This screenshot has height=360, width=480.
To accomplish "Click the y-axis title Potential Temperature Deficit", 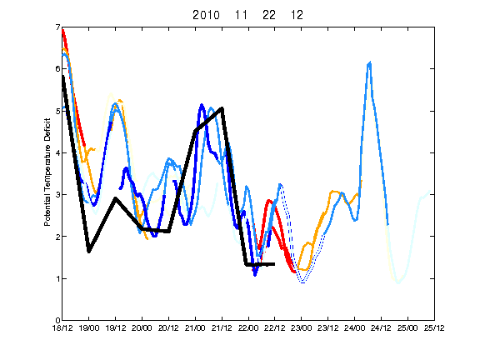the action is point(47,172).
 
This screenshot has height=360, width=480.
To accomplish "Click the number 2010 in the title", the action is point(206,15).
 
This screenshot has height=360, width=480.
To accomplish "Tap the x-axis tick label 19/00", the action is point(89,327).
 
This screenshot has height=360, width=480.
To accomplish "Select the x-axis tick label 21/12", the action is point(222,327).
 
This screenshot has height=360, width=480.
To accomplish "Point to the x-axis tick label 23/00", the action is point(302,327).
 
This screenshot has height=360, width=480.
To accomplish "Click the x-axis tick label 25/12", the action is point(434,327).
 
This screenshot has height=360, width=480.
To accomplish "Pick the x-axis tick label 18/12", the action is point(62,327).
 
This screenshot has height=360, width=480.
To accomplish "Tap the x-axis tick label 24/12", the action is point(381,327).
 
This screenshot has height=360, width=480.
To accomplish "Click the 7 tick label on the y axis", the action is point(57,27).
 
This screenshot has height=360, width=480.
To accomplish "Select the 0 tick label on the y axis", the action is point(57,320).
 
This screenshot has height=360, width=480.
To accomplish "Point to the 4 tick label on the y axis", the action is point(57,152).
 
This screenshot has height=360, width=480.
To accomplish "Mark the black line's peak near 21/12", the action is point(222,108).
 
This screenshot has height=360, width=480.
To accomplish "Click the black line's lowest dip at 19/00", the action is point(89,252).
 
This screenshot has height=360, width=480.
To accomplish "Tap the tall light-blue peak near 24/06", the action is point(370,63).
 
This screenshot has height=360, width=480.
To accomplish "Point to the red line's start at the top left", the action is point(62,30).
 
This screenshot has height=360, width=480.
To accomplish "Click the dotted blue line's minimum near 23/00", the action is point(302,282).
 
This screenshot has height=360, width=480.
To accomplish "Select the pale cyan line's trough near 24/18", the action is point(398,282).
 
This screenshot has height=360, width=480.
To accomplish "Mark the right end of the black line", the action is point(274,264).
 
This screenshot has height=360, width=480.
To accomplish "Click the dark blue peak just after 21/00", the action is point(202,105).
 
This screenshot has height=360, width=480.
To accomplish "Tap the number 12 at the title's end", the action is point(297,15).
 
